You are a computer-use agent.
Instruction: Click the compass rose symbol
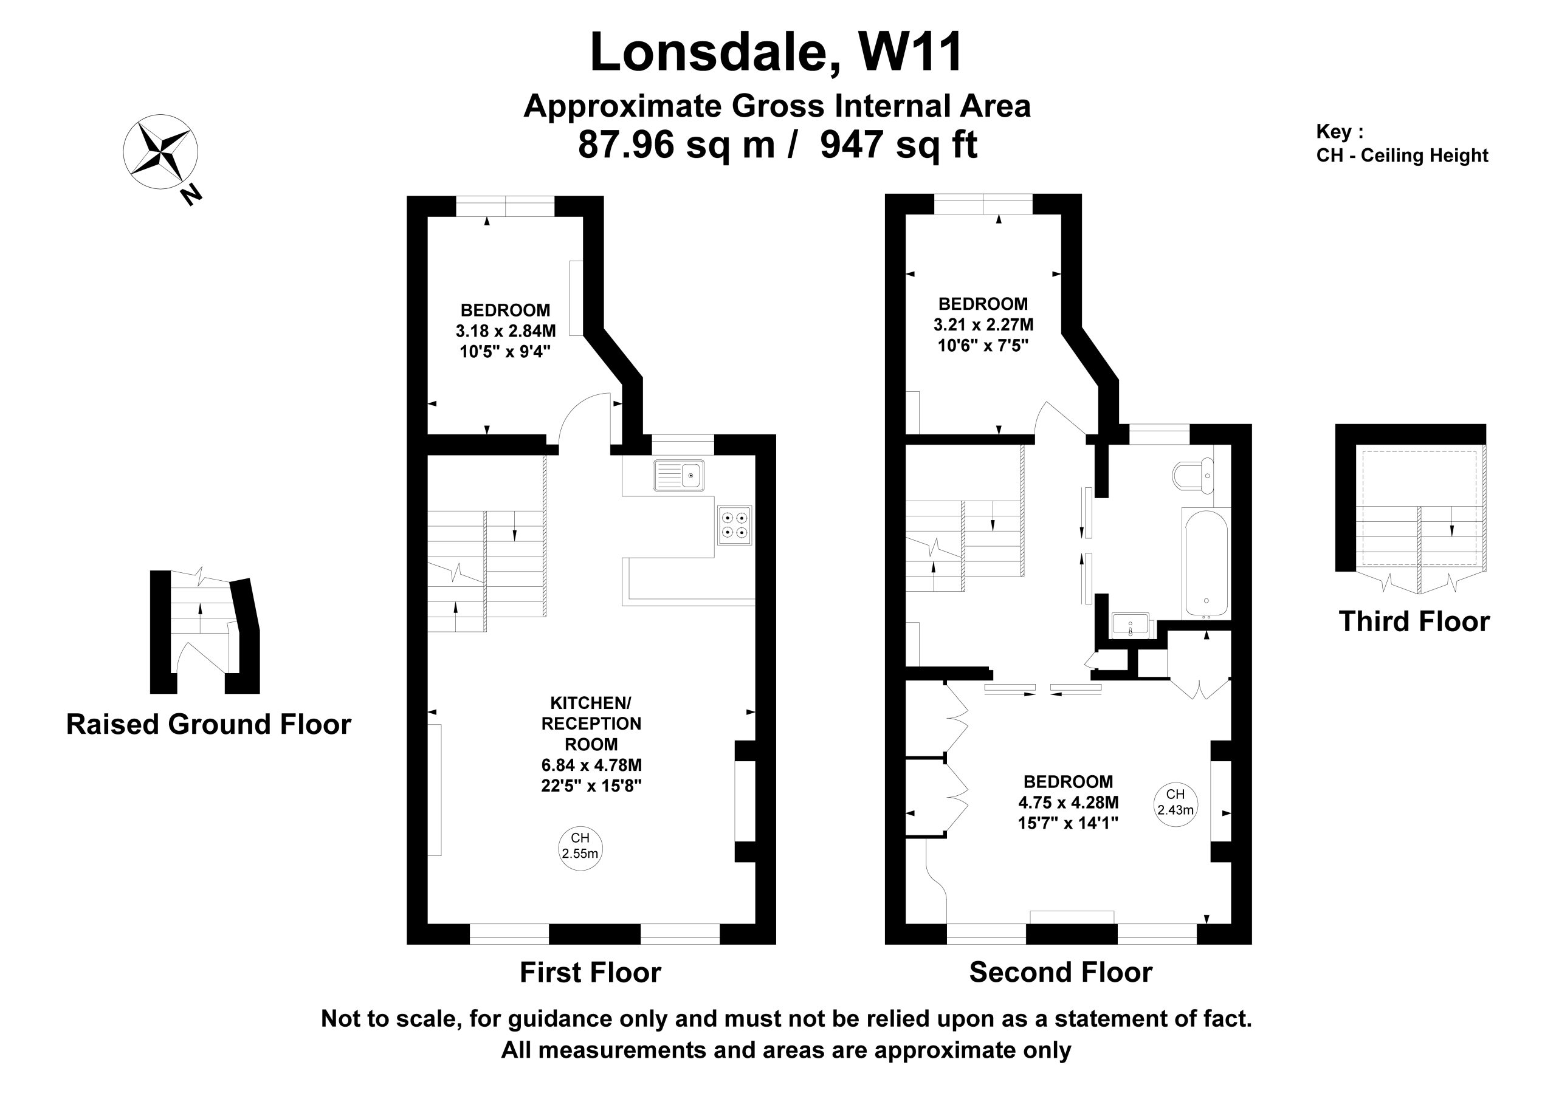(160, 152)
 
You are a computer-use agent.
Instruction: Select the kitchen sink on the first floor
(679, 475)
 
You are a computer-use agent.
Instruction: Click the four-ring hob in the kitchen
(735, 525)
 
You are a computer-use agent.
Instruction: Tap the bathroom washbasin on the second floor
(1131, 625)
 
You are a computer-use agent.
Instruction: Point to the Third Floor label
(1414, 621)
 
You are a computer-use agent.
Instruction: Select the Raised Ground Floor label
(208, 724)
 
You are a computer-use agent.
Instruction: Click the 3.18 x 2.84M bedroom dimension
(506, 331)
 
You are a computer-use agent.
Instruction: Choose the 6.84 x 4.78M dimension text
(591, 765)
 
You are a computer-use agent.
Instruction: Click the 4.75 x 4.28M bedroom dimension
(1068, 803)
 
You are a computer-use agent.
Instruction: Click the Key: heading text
(1339, 131)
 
